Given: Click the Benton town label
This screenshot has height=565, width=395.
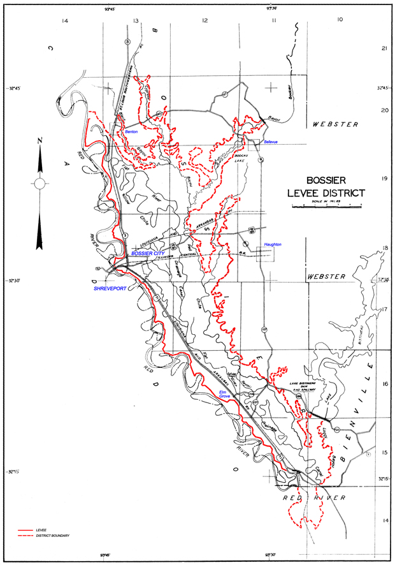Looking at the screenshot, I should point(131,131).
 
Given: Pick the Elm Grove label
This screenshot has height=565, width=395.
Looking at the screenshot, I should point(224,393).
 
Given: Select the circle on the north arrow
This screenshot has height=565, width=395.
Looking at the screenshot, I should point(39,184).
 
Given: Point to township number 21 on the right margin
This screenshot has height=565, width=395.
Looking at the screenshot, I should point(384,48).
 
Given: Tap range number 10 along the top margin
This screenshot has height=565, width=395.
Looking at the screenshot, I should point(340,20).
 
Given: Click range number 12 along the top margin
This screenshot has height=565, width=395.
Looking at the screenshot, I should point(205,20).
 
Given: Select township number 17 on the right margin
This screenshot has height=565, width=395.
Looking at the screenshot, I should point(384,309).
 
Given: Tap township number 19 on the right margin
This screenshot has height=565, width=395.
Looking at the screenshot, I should point(384,179).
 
